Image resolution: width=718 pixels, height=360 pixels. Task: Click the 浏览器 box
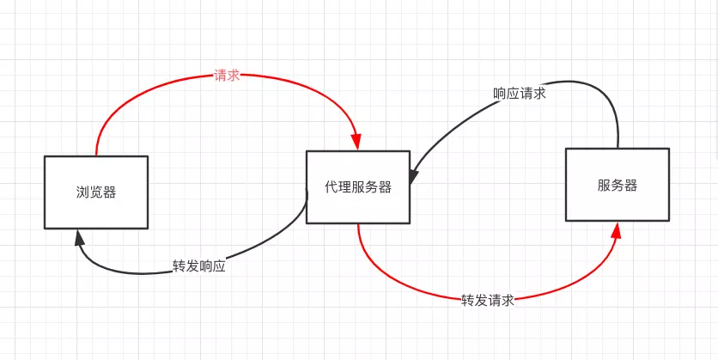95,192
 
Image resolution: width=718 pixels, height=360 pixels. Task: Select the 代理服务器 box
358,186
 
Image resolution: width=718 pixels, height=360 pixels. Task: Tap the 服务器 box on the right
617,184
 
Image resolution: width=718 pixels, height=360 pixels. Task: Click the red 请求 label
227,76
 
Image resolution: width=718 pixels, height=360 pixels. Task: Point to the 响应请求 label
520,94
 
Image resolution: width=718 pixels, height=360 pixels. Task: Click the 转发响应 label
199,266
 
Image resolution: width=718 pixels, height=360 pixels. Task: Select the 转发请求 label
488,300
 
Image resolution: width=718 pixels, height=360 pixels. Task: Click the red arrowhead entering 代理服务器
357,143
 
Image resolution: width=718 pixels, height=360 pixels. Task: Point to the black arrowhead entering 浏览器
79,235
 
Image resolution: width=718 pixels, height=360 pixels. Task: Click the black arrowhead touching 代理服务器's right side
414,176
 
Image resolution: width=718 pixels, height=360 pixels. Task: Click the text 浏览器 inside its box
95,192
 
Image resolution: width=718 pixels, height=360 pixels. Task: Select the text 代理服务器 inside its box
358,187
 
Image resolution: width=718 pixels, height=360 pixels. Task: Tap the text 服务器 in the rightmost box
617,185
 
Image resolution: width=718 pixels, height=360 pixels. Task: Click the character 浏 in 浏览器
82,192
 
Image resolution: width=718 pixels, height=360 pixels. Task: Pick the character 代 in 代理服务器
332,187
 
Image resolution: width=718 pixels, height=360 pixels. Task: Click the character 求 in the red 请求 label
233,76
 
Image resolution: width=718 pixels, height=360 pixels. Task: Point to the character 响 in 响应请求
500,94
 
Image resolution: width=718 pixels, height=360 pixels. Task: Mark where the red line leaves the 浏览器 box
96,155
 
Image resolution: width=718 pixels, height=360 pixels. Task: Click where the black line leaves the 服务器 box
618,147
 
